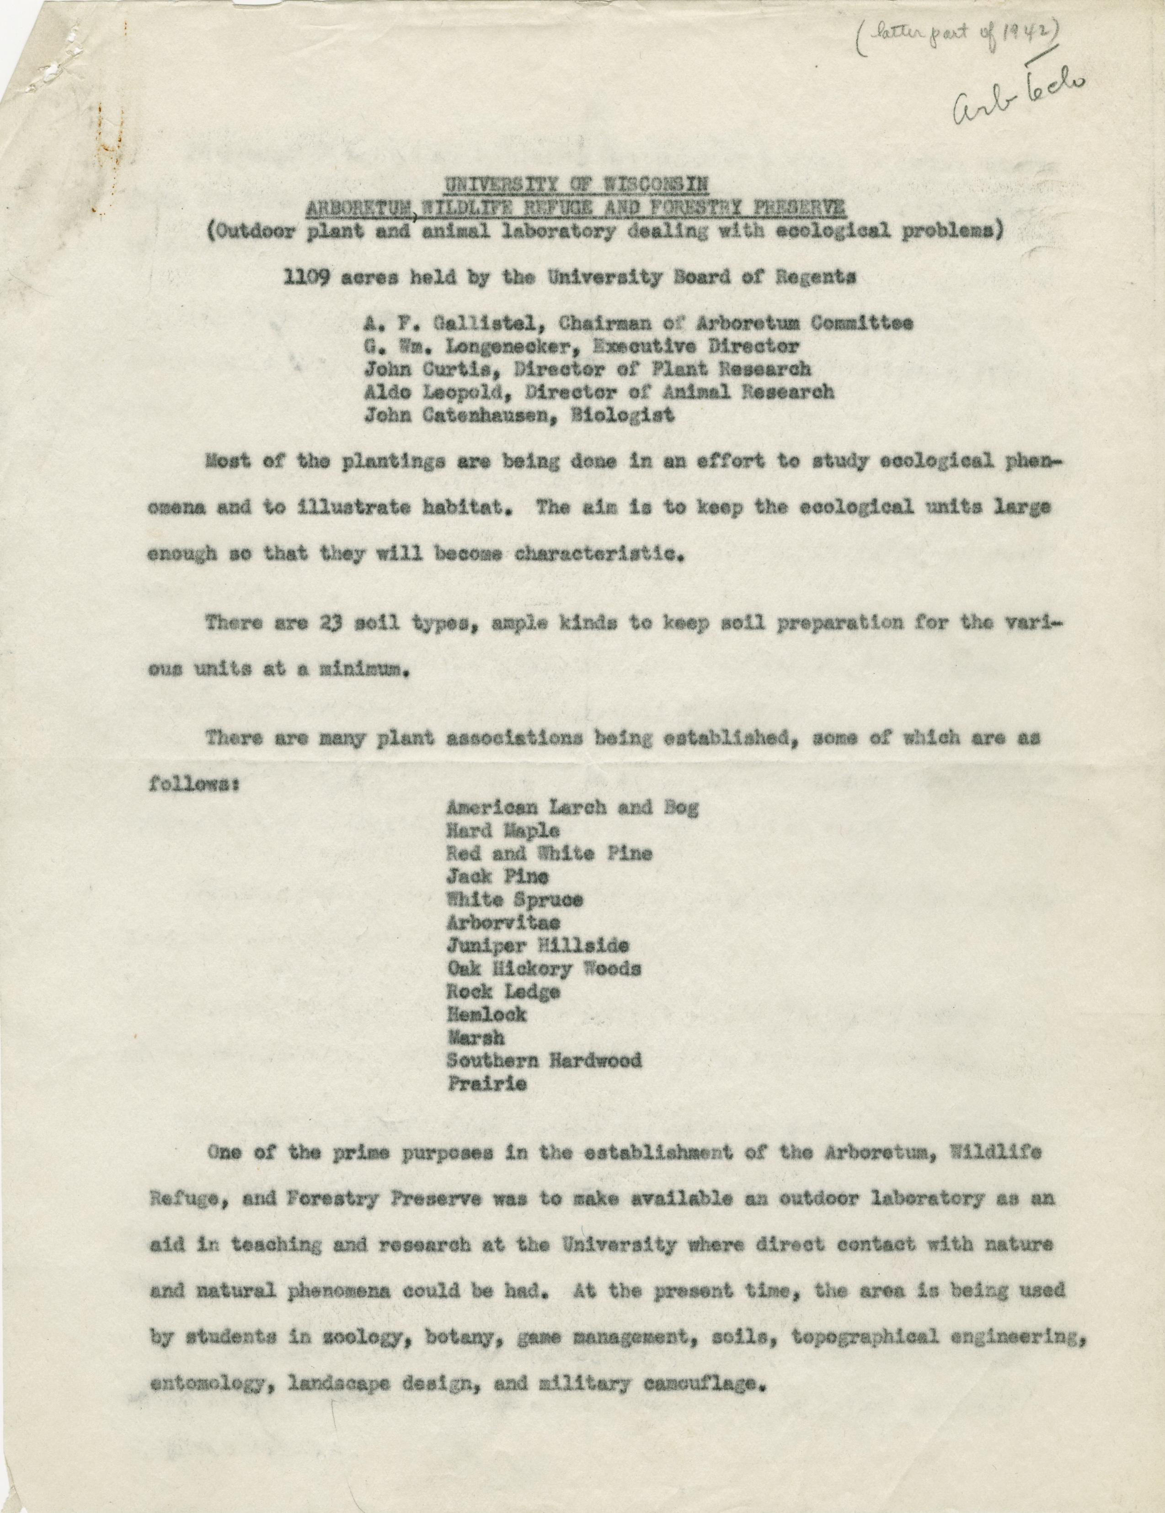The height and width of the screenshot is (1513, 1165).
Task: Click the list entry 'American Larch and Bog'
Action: tap(572, 807)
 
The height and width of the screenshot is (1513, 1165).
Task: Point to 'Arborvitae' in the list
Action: tap(503, 923)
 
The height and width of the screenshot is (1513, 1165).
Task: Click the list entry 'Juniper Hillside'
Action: tap(538, 946)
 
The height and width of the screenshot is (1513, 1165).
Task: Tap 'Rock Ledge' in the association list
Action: tap(503, 992)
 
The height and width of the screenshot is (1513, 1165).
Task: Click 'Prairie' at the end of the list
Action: tap(487, 1084)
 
